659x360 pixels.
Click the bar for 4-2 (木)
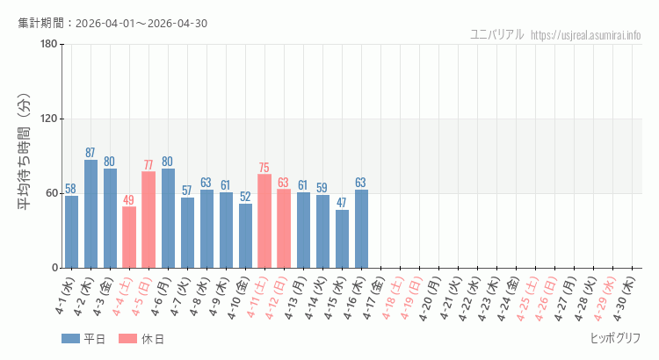point(91,214)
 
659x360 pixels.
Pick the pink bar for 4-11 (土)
point(264,221)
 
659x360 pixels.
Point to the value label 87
point(91,153)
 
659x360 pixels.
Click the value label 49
point(129,200)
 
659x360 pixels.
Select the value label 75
point(264,168)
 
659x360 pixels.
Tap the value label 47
point(342,203)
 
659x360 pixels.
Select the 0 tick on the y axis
point(54,268)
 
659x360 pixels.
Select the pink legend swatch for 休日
point(127,339)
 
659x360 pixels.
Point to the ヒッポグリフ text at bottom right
point(615,338)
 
